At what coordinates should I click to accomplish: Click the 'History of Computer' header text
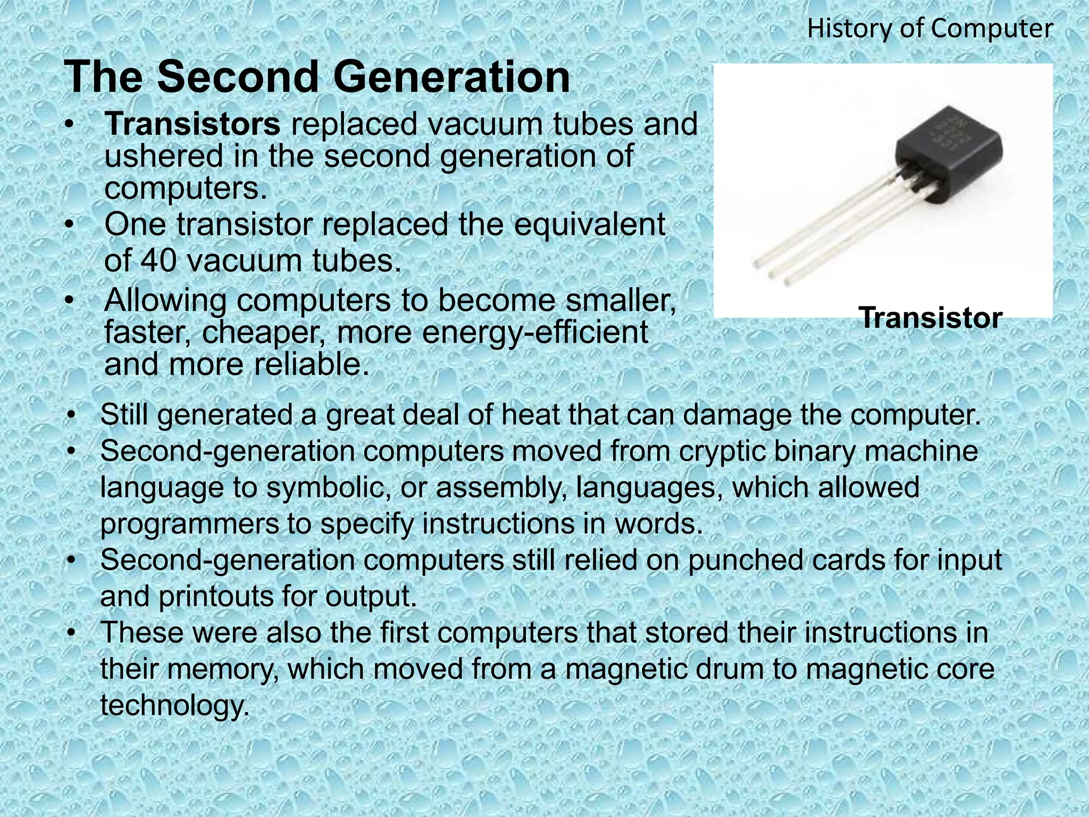929,29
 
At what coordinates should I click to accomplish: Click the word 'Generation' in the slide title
451,77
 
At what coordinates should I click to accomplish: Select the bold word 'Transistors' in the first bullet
192,124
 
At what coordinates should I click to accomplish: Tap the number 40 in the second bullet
158,261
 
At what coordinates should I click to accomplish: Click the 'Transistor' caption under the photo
931,318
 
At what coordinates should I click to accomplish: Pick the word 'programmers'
189,524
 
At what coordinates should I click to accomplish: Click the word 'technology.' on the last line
174,705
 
